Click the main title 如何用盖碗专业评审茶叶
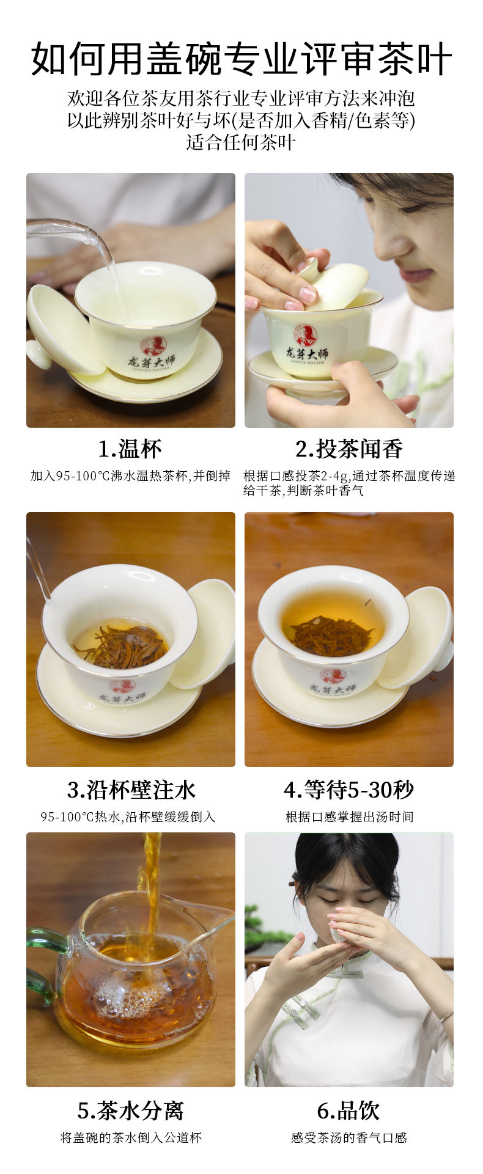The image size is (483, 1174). [x=242, y=59]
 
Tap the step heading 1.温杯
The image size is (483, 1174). [x=130, y=449]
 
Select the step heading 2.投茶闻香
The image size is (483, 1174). [x=349, y=449]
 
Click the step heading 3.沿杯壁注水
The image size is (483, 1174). [x=131, y=790]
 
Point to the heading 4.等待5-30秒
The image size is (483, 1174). [x=349, y=790]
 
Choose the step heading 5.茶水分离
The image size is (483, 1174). [x=131, y=1110]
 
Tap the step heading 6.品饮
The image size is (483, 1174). [x=349, y=1110]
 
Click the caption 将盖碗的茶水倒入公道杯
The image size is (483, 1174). [x=131, y=1137]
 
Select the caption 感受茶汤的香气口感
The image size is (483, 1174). [x=349, y=1137]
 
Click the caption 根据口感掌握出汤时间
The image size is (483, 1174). [x=349, y=816]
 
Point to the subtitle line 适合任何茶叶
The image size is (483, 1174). [x=241, y=142]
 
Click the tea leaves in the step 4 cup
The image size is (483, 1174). [x=331, y=635]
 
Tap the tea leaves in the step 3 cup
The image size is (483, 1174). [x=121, y=645]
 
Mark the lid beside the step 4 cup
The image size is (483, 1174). [x=419, y=636]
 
